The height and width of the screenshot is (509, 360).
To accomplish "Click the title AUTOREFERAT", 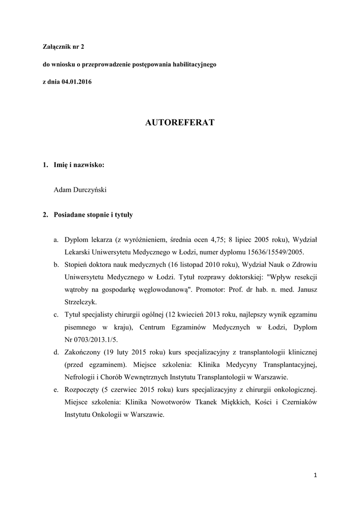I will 180,122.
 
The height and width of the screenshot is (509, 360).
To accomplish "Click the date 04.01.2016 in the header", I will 77,82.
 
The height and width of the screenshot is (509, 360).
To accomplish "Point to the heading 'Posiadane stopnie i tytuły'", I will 93,215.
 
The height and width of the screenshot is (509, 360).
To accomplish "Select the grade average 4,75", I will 209,240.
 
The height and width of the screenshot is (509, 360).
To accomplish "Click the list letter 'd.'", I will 57,352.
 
